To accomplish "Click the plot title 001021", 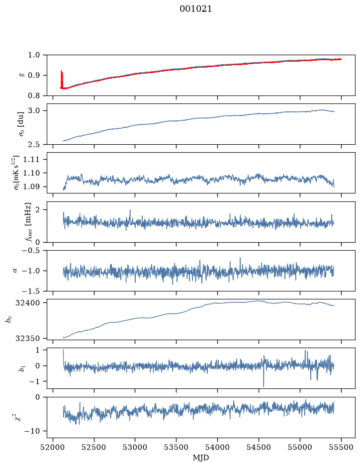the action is [x=195, y=9].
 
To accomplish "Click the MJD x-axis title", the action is [x=201, y=458].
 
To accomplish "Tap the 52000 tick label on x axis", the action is [x=53, y=448].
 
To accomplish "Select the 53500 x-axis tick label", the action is [x=177, y=448].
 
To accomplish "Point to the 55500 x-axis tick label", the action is [x=341, y=448].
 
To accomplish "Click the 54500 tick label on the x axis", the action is [x=259, y=448].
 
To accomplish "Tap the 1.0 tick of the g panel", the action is [x=34, y=55].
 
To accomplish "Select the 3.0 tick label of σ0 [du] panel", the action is [x=34, y=111].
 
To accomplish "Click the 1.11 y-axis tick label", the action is [x=31, y=159].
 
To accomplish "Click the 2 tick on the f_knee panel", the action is [x=37, y=210].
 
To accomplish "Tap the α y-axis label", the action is [x=15, y=271].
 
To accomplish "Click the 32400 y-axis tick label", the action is [x=28, y=303].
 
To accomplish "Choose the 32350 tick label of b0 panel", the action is [x=28, y=339].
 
